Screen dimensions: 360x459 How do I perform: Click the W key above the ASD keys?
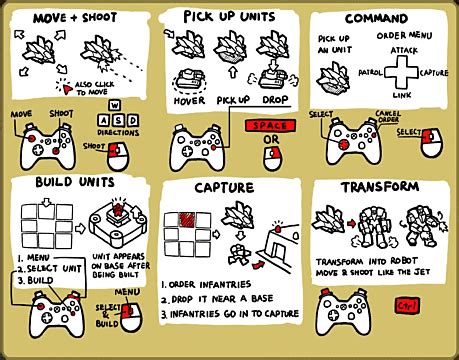pyautogui.click(x=114, y=105)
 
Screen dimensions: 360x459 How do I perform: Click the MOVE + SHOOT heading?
pyautogui.click(x=75, y=19)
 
